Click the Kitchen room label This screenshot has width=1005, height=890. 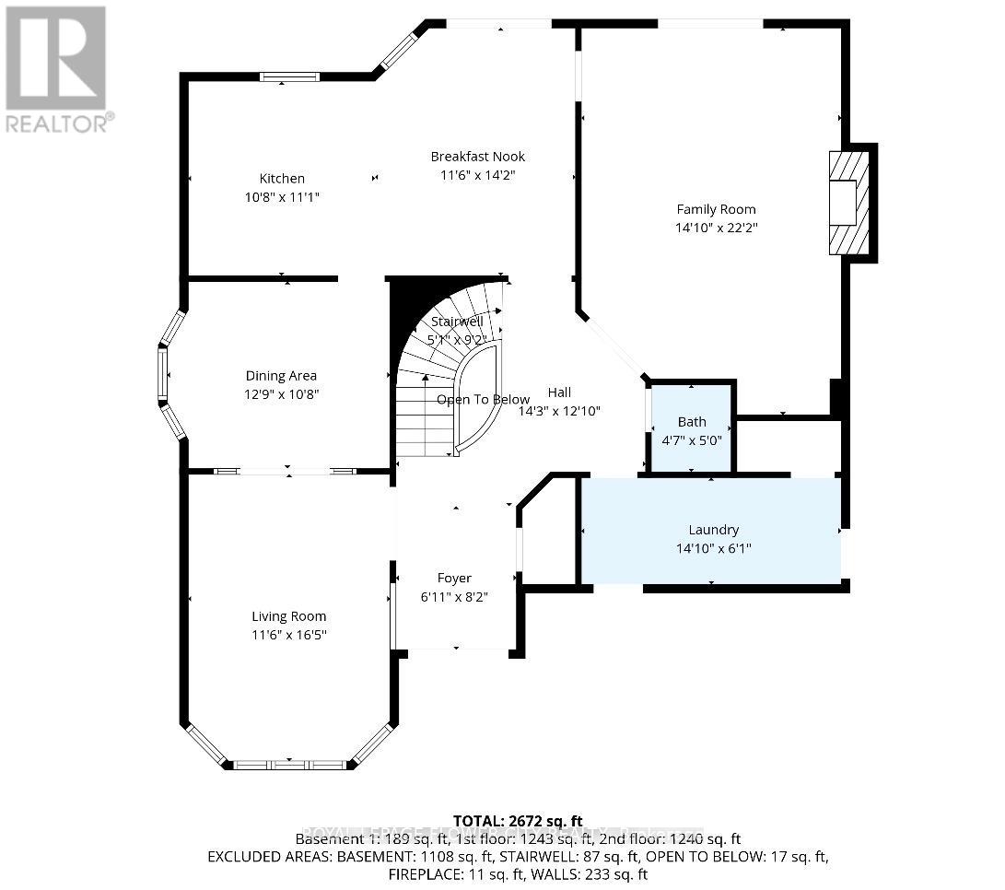coord(281,179)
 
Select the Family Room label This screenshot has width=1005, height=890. coord(716,209)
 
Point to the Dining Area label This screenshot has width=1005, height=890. coord(281,375)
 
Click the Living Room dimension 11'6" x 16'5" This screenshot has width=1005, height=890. coord(289,635)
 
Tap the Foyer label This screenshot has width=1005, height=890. coord(454,578)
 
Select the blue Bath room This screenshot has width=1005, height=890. coord(692,428)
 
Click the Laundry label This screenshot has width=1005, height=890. coord(713,530)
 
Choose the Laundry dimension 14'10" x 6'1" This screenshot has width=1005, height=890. coord(713,548)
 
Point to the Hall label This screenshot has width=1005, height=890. coord(559,392)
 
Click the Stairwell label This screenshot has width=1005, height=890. coord(457,322)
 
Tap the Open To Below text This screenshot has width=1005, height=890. coord(483,400)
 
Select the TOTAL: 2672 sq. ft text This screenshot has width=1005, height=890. coord(518,821)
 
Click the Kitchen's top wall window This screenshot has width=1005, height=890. coord(289,76)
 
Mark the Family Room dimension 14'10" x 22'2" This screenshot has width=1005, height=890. coord(716,228)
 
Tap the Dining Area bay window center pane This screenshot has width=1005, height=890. coord(163,375)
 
